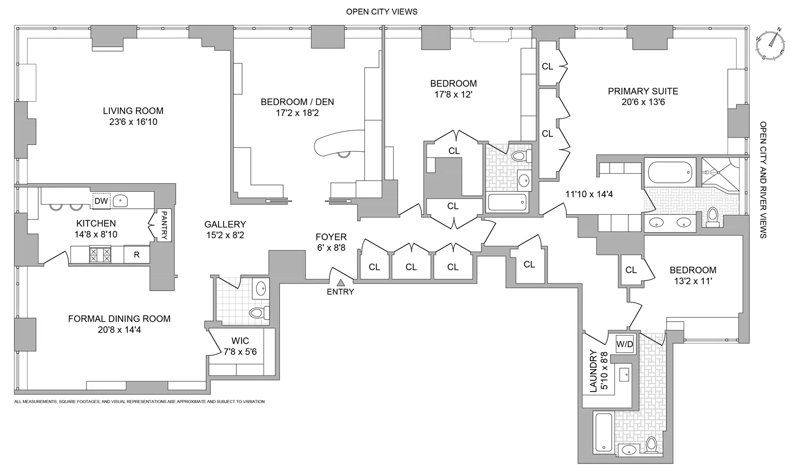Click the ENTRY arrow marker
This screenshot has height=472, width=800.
pyautogui.click(x=340, y=282)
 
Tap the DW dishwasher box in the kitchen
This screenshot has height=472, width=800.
pyautogui.click(x=101, y=201)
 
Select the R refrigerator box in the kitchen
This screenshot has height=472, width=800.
pyautogui.click(x=137, y=255)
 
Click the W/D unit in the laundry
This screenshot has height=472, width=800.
pyautogui.click(x=625, y=344)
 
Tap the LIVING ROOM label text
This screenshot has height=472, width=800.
pyautogui.click(x=133, y=111)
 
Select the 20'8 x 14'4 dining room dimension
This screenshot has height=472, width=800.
pyautogui.click(x=119, y=330)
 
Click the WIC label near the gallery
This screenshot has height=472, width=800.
pyautogui.click(x=239, y=341)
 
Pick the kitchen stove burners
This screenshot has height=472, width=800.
pyautogui.click(x=100, y=254)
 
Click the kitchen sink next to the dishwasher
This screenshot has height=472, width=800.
pyautogui.click(x=122, y=201)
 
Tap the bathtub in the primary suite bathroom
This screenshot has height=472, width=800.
pyautogui.click(x=670, y=172)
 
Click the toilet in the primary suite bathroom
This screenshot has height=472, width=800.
pyautogui.click(x=711, y=216)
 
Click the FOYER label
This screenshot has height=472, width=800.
pyautogui.click(x=331, y=237)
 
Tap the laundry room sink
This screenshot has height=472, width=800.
pyautogui.click(x=624, y=375)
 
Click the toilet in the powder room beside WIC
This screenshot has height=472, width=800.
pyautogui.click(x=258, y=311)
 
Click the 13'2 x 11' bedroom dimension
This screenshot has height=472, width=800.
pyautogui.click(x=693, y=281)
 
